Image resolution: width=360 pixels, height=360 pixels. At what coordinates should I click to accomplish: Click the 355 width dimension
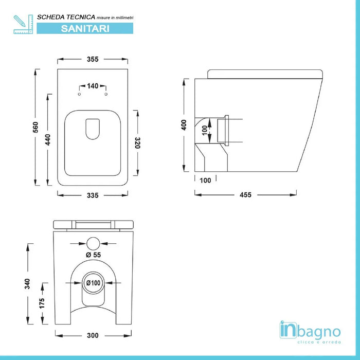(93, 59)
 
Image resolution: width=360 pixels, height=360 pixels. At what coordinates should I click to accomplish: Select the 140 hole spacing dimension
(93, 86)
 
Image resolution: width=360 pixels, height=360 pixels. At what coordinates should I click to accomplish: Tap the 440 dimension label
(48, 139)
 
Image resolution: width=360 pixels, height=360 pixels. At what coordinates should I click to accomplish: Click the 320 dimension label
(138, 142)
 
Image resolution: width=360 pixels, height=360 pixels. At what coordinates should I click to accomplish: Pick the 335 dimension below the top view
(93, 195)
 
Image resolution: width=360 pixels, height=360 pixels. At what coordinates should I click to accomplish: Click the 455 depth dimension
(245, 194)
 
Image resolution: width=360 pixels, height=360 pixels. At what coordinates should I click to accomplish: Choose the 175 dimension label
(42, 303)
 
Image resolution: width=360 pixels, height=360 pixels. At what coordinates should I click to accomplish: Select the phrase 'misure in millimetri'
(111, 17)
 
